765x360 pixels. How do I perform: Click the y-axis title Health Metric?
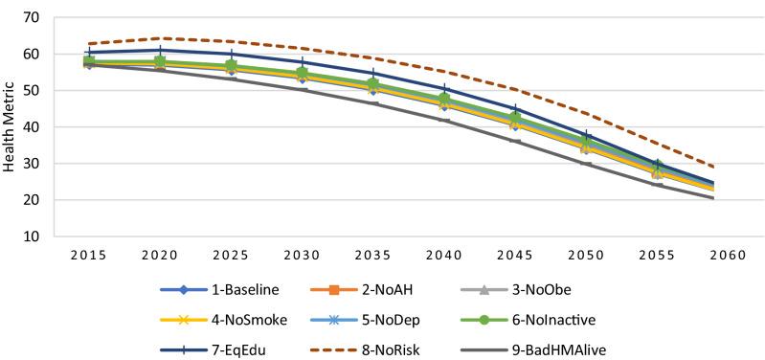[x=11, y=126]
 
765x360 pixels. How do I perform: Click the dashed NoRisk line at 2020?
[x=160, y=38]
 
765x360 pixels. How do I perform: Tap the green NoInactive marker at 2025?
[x=231, y=66]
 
